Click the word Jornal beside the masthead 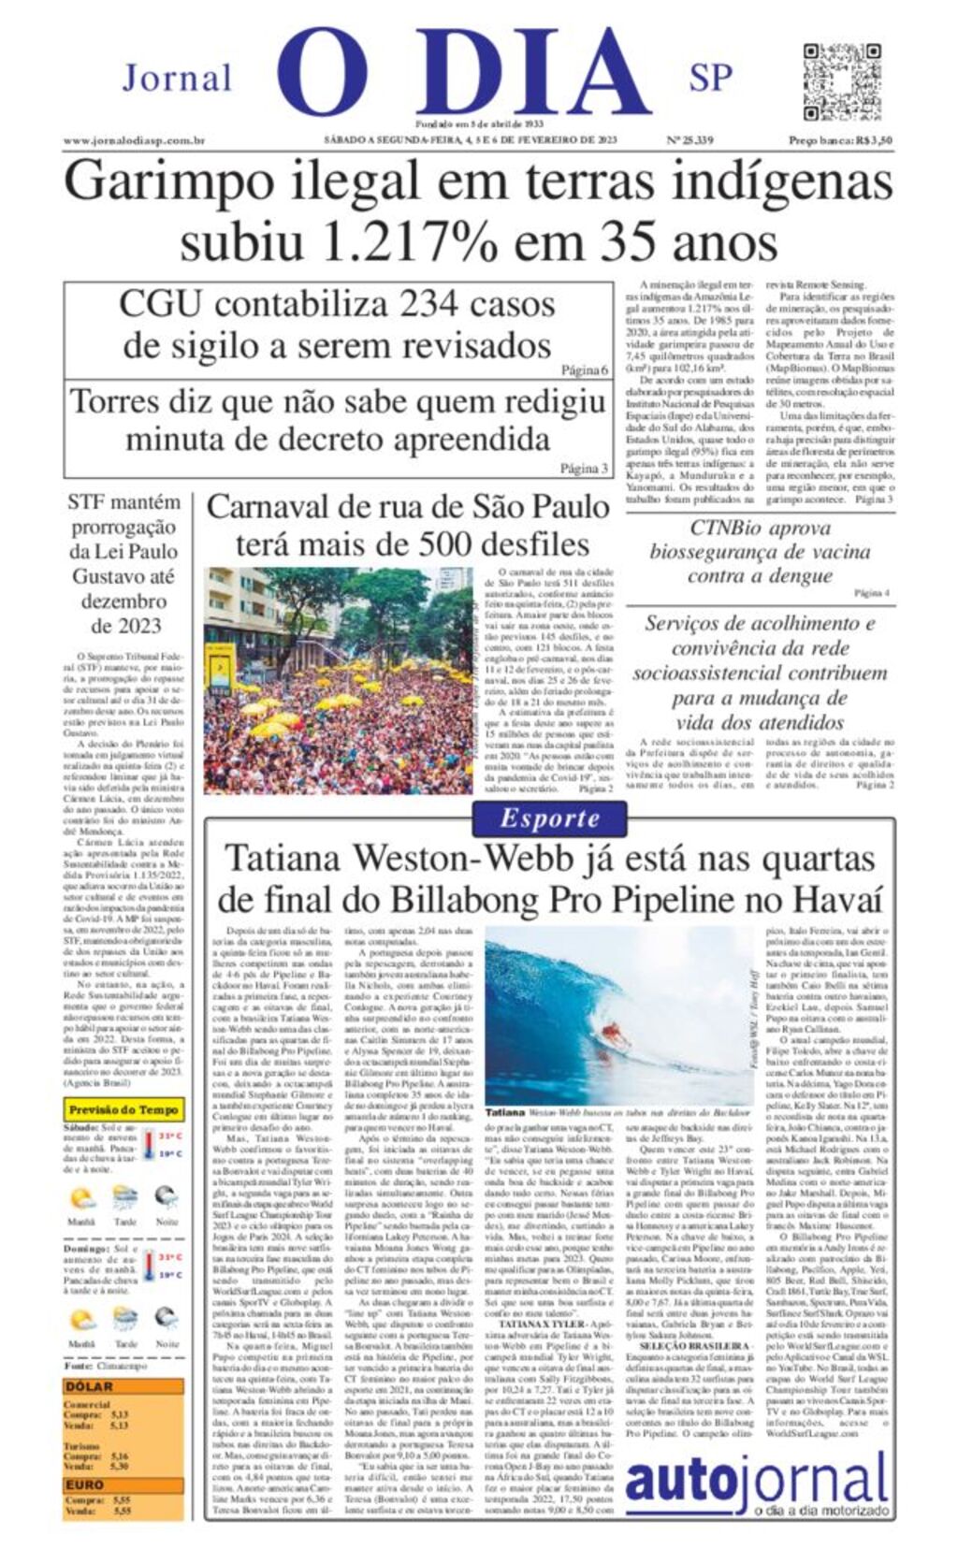point(177,78)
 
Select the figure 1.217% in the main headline point(408,242)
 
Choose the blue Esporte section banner point(549,818)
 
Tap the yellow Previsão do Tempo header point(123,1110)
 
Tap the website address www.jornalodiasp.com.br point(134,141)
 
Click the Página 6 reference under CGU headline point(585,370)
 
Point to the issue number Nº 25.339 point(690,141)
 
